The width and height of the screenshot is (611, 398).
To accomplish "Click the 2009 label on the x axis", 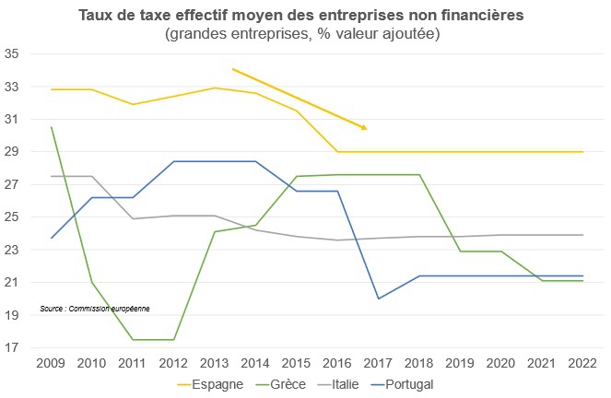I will [x=50, y=363].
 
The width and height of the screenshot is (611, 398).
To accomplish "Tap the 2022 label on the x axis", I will [x=582, y=363].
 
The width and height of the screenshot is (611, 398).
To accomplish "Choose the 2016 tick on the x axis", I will [x=336, y=363].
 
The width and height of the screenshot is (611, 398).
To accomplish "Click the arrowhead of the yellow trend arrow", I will [x=364, y=127].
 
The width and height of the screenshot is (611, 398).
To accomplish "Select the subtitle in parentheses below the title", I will [x=301, y=34].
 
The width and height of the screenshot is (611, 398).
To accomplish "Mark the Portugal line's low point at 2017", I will [x=378, y=298].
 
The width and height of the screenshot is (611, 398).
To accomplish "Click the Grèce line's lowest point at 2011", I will [x=132, y=340].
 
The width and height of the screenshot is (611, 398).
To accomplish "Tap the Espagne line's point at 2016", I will [x=336, y=152].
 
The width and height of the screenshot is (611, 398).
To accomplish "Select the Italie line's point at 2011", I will [x=132, y=218].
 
